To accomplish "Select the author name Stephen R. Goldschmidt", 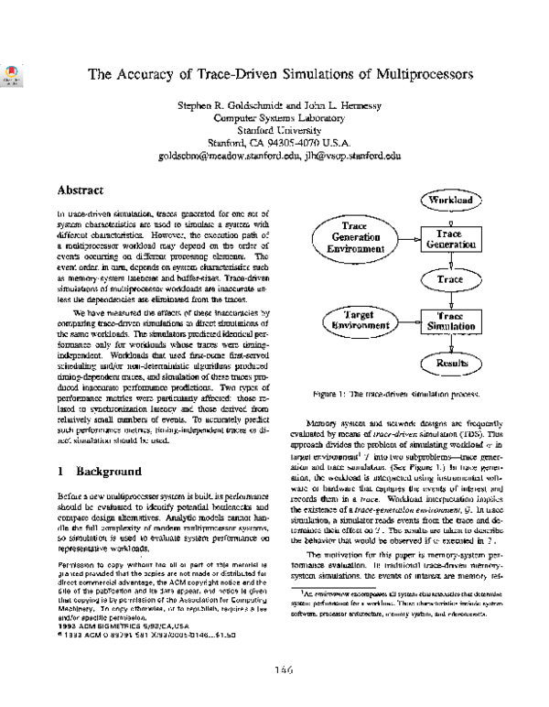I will (219, 104).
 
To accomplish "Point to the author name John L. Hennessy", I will (326, 104).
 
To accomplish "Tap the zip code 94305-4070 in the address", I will (289, 143).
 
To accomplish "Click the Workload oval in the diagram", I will (449, 198).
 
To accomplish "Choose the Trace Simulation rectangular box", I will (449, 321).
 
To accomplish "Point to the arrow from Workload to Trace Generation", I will (449, 218).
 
